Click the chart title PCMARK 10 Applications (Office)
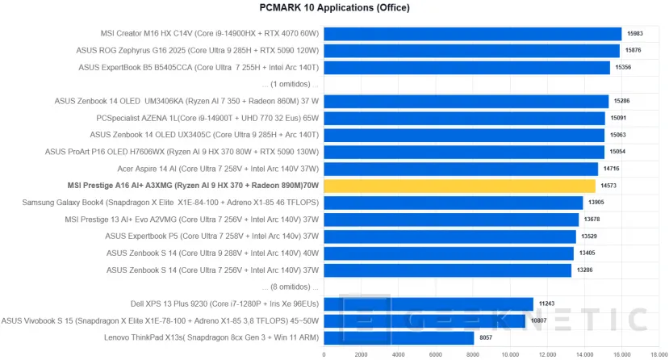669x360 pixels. (334, 8)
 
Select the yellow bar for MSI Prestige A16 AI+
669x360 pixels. (459, 186)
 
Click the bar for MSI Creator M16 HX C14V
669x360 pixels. (472, 34)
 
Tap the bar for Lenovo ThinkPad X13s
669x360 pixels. (399, 337)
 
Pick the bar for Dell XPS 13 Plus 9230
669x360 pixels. (429, 303)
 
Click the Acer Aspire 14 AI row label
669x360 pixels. (219, 169)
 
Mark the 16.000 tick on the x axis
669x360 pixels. (621, 354)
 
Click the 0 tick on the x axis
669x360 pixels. (324, 354)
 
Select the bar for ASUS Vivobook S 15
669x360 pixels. (424, 320)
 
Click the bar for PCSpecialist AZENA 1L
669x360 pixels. (464, 118)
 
